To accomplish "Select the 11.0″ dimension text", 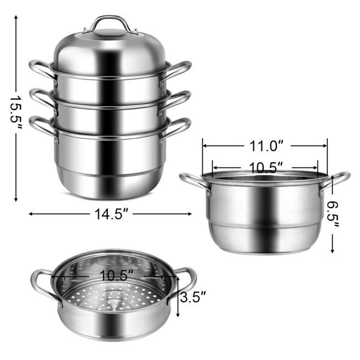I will tap(265, 146).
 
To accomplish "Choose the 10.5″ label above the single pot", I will tap(265, 166).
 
